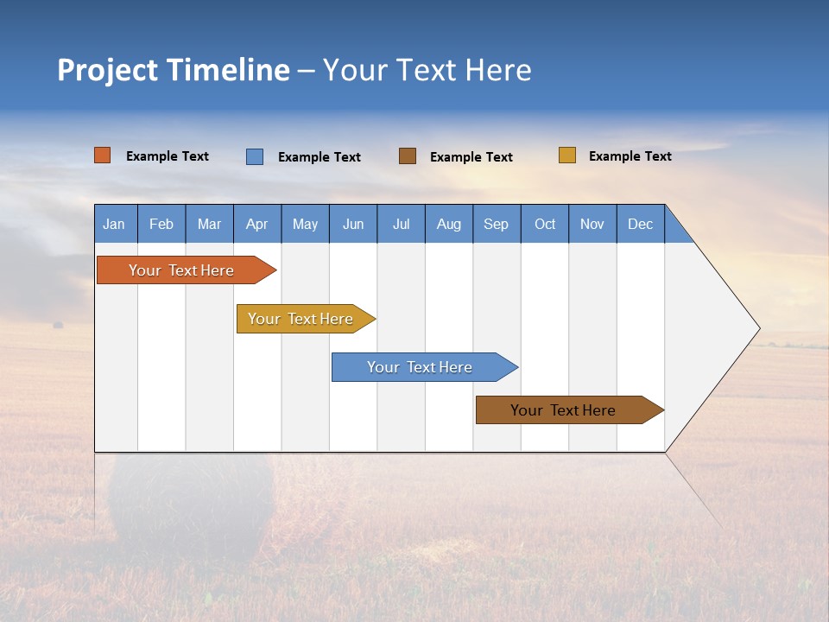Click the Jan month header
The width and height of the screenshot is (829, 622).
(x=114, y=225)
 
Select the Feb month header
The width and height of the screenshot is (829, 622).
(x=161, y=225)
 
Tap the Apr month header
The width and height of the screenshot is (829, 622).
(x=257, y=225)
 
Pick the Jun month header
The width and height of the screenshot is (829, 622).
(x=353, y=225)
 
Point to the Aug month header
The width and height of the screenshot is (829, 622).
(x=449, y=225)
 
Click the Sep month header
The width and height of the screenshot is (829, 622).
(x=497, y=225)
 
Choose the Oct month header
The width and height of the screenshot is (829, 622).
(x=545, y=225)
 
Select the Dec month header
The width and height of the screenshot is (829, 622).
(x=641, y=225)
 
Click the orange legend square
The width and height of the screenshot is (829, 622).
(x=103, y=155)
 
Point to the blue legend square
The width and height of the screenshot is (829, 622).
(x=255, y=156)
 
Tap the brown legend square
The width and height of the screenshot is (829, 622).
(x=408, y=155)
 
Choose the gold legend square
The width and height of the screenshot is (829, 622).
(x=567, y=155)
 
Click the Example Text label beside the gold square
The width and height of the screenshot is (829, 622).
(x=630, y=156)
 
